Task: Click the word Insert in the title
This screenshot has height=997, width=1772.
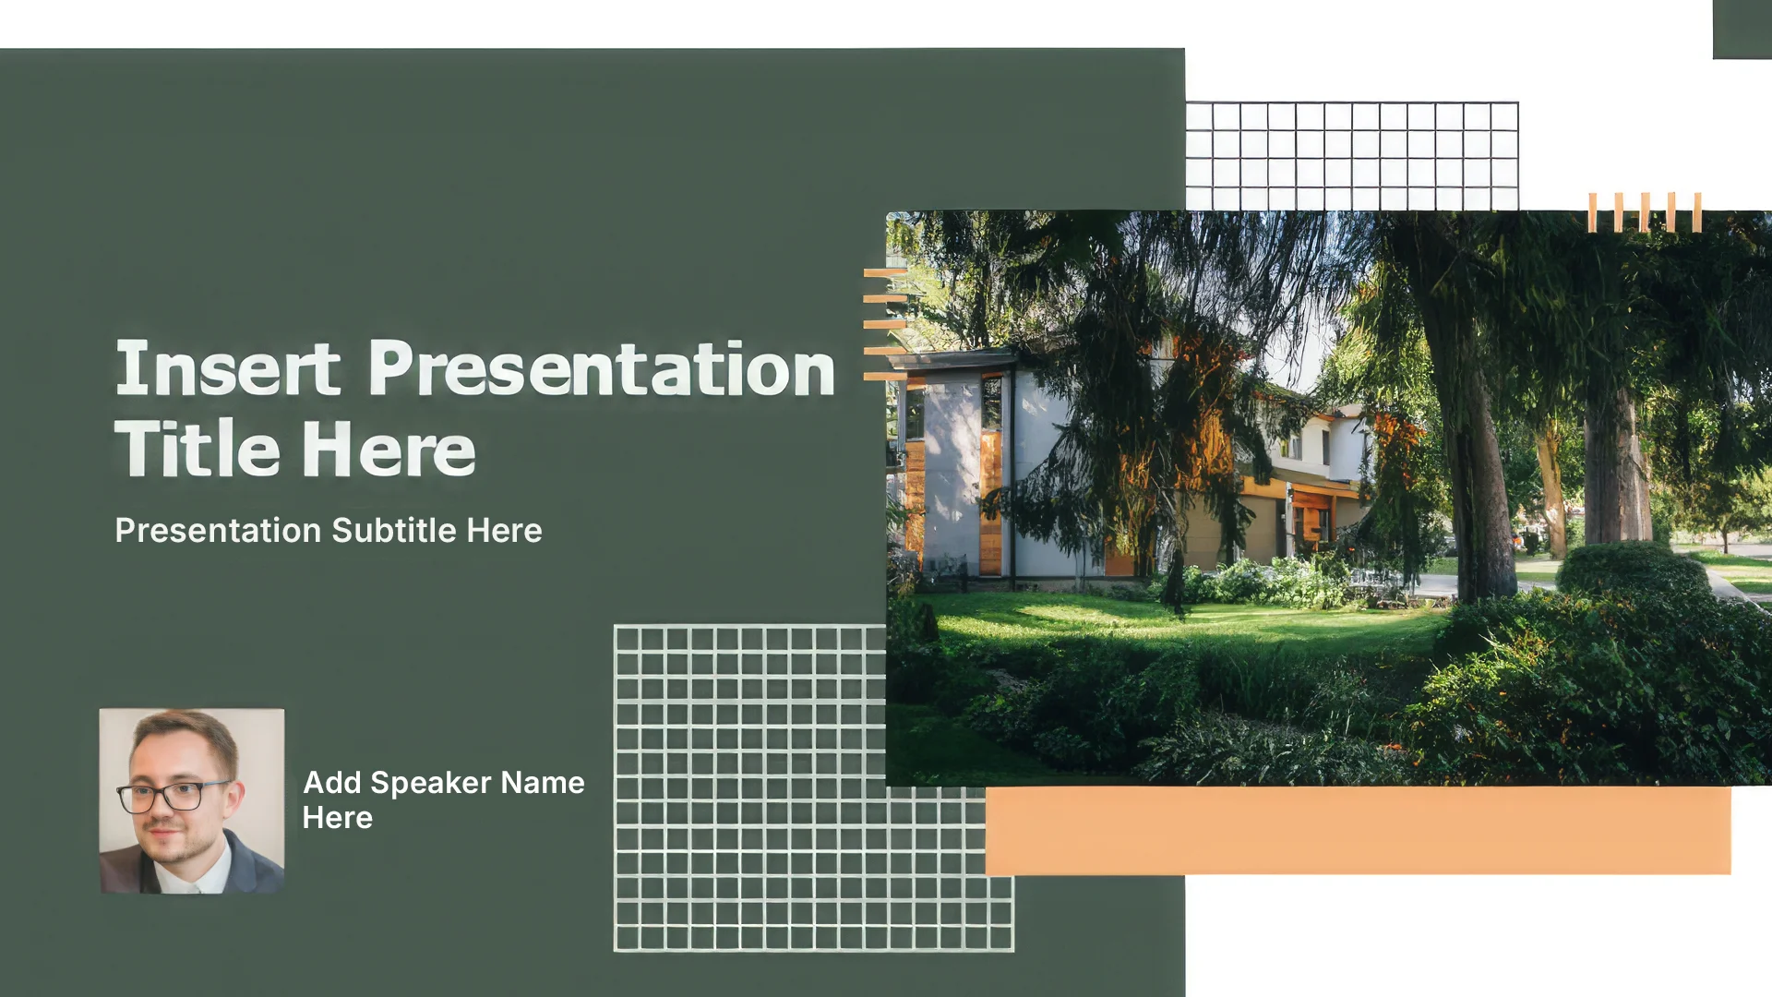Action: pos(227,368)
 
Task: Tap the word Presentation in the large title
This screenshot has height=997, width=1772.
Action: pos(602,368)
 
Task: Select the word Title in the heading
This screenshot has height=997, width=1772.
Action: pos(197,449)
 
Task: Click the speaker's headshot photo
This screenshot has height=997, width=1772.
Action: pos(192,800)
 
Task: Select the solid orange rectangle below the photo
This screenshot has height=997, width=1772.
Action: pos(1358,830)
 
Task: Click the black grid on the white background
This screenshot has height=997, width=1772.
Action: pos(1352,156)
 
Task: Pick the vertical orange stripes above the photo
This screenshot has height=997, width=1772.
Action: pos(1645,212)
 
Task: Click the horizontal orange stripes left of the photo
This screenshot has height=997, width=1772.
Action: pos(885,325)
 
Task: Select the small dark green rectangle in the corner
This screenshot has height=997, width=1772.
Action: pos(1742,30)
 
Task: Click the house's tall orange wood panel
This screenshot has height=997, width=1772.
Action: pos(991,501)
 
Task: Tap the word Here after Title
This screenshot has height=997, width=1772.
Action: pos(389,450)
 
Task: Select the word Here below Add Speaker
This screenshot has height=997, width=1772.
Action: pos(338,818)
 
